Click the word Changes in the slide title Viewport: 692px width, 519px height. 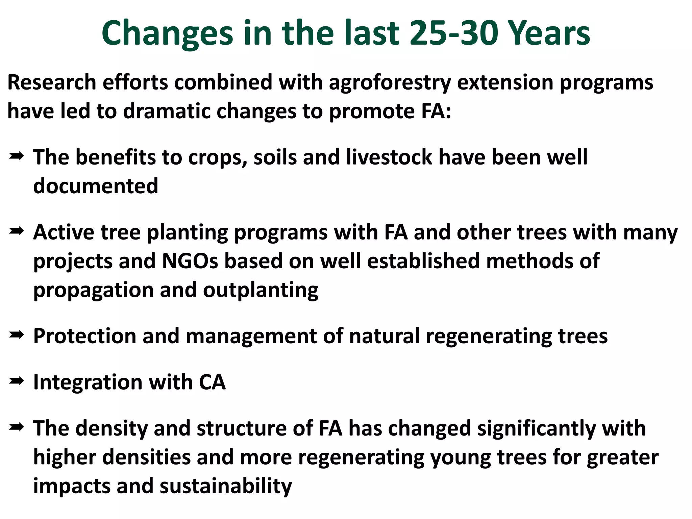167,34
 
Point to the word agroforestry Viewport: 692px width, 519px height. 390,83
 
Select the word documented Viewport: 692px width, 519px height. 96,186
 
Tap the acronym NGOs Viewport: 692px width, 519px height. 190,261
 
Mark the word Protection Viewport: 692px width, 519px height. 84,336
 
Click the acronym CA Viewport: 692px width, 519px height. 212,382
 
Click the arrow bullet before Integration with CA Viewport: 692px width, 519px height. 16,381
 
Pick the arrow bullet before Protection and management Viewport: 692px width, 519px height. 16,335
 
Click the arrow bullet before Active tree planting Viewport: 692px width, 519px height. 16,231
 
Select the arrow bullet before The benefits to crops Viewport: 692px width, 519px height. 16,156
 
